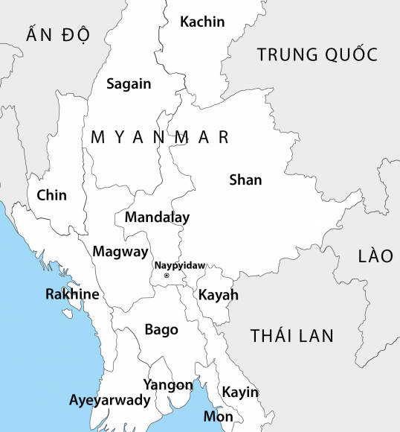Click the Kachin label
click(201, 22)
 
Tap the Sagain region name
click(129, 84)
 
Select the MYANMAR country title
click(159, 138)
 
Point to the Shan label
click(245, 180)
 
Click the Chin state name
click(51, 196)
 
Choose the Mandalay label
click(157, 217)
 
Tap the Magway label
click(120, 252)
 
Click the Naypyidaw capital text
click(179, 265)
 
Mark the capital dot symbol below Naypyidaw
click(167, 276)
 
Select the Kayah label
click(219, 296)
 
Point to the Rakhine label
click(72, 294)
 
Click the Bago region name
click(161, 329)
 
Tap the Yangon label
click(167, 385)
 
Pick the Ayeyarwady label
click(110, 401)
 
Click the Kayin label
click(240, 393)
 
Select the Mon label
click(218, 417)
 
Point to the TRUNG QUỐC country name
click(317, 54)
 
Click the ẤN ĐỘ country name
click(57, 34)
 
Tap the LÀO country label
click(375, 256)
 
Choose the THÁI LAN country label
click(292, 335)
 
